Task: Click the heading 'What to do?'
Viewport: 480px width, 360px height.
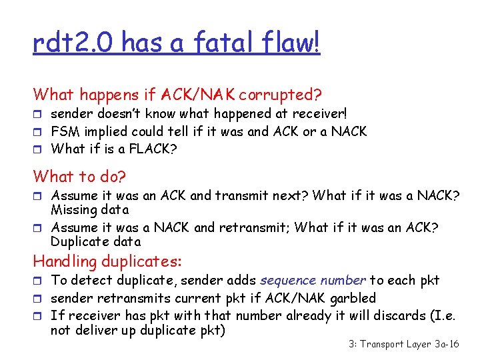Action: pyautogui.click(x=79, y=177)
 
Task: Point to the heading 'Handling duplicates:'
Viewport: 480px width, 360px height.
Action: pyautogui.click(x=107, y=261)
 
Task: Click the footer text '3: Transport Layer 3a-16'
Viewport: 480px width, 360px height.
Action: pyautogui.click(x=404, y=344)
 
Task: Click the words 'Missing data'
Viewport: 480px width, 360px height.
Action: pyautogui.click(x=89, y=210)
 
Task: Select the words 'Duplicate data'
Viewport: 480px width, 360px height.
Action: pyautogui.click(x=96, y=242)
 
